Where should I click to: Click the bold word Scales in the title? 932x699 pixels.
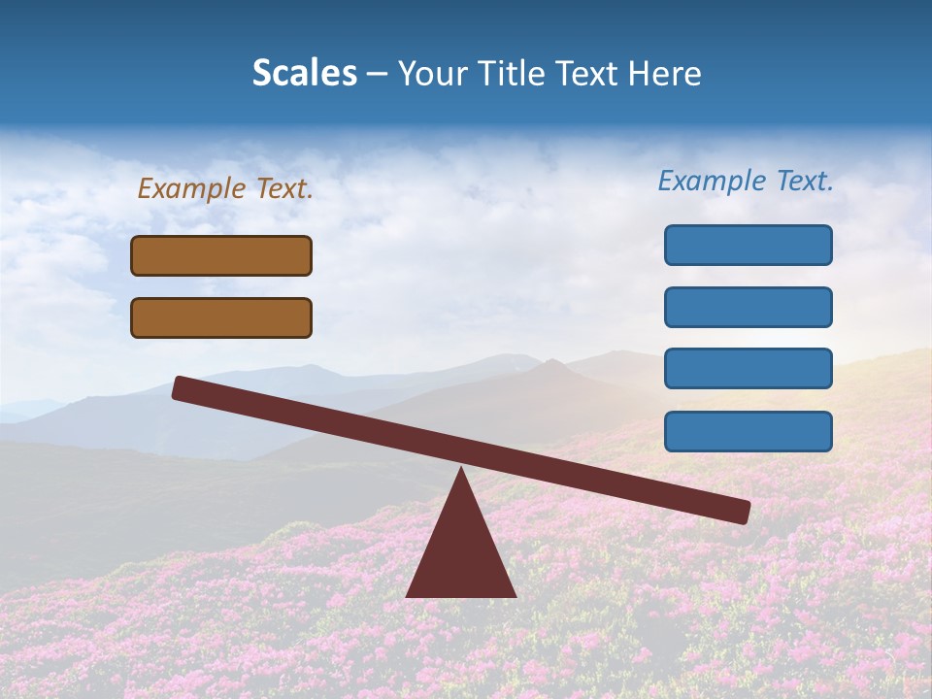click(304, 74)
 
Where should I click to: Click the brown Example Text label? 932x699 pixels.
click(225, 188)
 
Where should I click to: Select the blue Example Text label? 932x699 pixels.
click(746, 181)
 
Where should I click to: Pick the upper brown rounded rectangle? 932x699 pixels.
click(221, 255)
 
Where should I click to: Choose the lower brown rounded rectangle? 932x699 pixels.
click(221, 317)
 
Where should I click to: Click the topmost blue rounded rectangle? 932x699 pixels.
click(748, 245)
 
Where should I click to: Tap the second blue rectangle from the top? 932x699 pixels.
click(748, 307)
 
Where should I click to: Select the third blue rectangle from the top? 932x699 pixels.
click(748, 369)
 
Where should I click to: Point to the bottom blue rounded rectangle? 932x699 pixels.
click(748, 431)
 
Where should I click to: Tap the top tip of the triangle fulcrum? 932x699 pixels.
click(461, 471)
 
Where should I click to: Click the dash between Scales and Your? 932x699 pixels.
click(378, 74)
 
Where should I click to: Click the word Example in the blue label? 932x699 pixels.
click(713, 181)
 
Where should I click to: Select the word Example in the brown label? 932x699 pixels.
click(192, 188)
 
